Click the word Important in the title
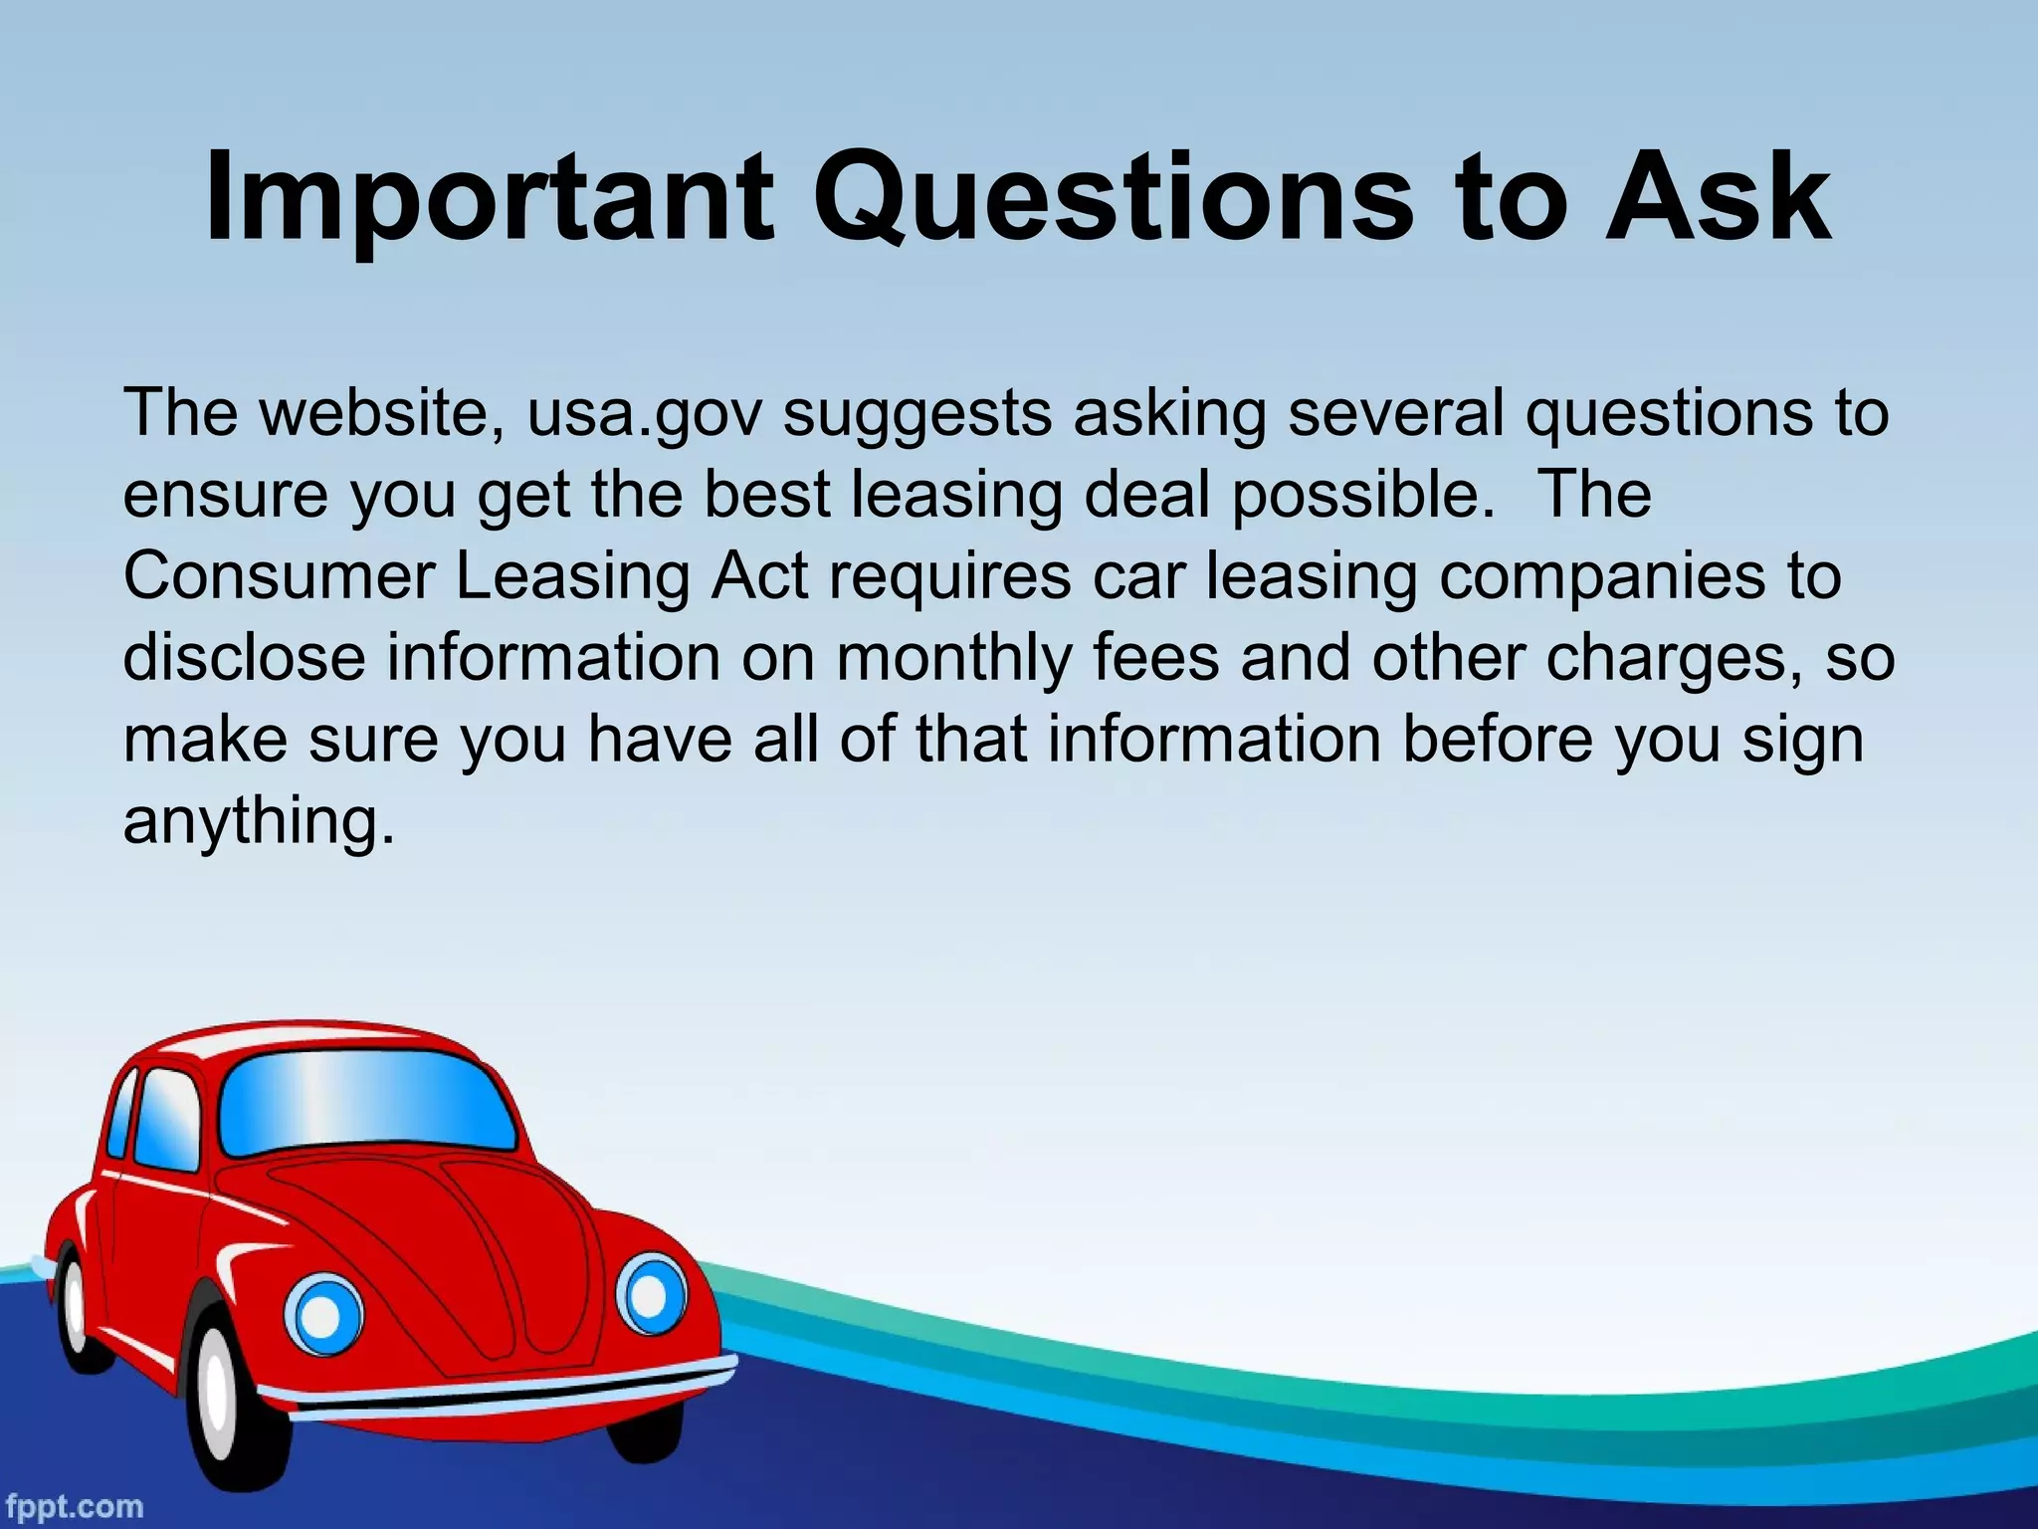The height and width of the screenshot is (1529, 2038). click(489, 199)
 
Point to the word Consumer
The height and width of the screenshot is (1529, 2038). click(279, 576)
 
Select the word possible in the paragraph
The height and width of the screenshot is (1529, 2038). click(1362, 495)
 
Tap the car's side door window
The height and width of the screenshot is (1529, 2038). click(165, 1120)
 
